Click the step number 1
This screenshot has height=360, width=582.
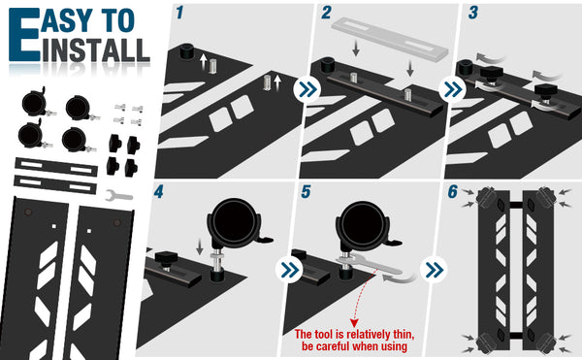click(180, 13)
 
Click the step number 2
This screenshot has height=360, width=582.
click(326, 13)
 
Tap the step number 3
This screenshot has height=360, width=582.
click(473, 13)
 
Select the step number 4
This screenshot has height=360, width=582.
click(158, 191)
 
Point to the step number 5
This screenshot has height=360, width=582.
click(306, 191)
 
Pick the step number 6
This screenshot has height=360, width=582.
click(452, 191)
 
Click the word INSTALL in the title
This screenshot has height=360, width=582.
click(96, 49)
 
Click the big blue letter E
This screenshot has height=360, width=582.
click(24, 35)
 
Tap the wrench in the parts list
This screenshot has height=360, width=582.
click(118, 195)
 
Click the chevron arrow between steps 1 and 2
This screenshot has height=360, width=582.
click(307, 89)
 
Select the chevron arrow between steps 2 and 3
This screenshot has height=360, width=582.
click(453, 89)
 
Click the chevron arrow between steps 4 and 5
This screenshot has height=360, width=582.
click(289, 270)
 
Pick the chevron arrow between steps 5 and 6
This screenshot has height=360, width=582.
click(435, 270)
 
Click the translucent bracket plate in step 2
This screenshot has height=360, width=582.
click(390, 40)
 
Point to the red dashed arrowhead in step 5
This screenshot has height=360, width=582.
click(354, 322)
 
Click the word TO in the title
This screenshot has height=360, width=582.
click(119, 20)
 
